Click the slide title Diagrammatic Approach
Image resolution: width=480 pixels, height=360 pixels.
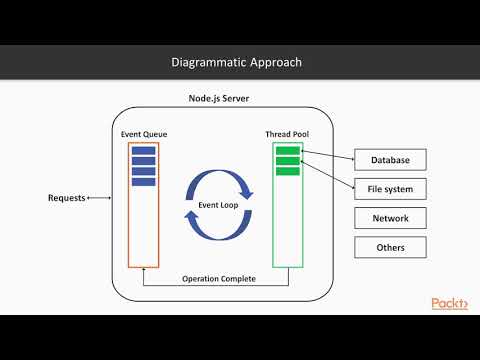240,63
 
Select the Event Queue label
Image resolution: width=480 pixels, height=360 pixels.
143,133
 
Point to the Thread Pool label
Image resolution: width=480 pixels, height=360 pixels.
286,133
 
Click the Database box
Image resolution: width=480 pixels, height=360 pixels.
390,160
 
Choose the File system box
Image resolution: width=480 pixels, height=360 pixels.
390,189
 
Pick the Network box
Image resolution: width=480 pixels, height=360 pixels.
390,218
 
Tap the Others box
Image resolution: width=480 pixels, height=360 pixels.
390,247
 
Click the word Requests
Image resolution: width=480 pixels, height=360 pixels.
67,198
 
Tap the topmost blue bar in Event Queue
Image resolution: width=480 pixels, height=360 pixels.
143,151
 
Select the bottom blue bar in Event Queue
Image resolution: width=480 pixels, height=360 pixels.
143,181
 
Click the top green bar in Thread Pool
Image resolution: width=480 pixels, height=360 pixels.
287,150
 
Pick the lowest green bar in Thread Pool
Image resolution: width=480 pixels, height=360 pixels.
287,170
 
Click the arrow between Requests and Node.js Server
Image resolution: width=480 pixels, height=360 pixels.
99,198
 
